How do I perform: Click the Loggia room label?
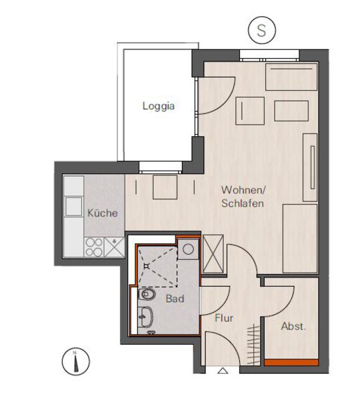coord(159,106)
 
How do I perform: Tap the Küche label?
coord(103,213)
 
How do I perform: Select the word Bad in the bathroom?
coord(175,299)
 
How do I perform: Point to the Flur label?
coord(224,318)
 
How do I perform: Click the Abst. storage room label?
coord(293,327)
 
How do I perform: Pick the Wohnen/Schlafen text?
coord(243,197)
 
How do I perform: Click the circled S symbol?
coord(262,30)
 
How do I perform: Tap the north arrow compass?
coord(76,361)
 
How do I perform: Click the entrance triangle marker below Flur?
coord(223,371)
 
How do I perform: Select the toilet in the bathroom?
coord(147,294)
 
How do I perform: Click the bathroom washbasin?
coord(145,317)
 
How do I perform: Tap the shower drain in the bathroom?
coord(147,267)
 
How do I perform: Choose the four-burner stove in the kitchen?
coord(94,247)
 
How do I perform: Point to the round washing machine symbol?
coord(189,249)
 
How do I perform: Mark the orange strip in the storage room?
coord(291,362)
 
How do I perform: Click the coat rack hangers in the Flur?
coord(253,344)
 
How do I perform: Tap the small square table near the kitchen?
coord(165,187)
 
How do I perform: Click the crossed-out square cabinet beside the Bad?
coord(213,254)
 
